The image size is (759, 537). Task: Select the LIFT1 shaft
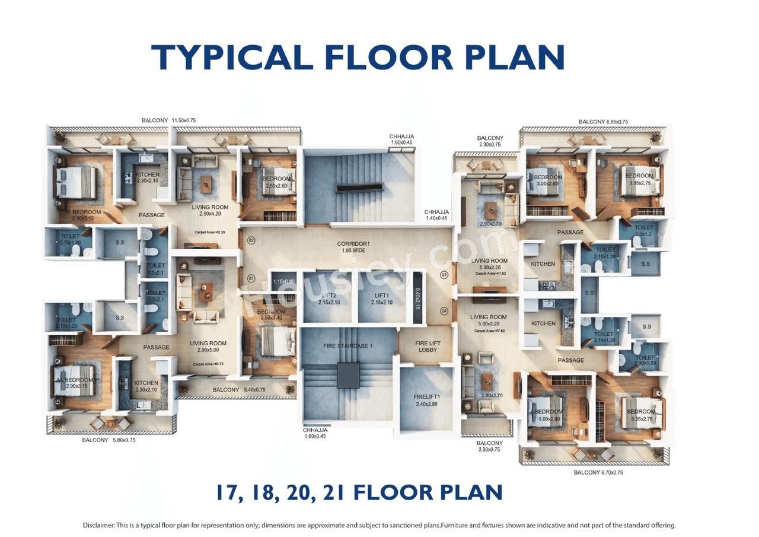click(381, 298)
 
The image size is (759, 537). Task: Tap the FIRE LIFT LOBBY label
click(427, 347)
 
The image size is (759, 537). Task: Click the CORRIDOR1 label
click(353, 247)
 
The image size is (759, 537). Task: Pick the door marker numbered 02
click(251, 240)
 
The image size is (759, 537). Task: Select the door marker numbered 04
click(445, 311)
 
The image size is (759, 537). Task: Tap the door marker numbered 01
click(251, 278)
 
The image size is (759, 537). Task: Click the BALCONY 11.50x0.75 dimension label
click(168, 120)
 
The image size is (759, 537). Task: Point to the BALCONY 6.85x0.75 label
click(603, 122)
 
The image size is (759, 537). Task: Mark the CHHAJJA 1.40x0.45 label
click(436, 215)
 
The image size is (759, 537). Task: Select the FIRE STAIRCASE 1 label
click(347, 346)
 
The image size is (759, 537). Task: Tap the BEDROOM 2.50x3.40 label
click(271, 315)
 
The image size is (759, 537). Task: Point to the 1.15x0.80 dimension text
click(283, 281)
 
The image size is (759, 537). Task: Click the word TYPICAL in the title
click(232, 58)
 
